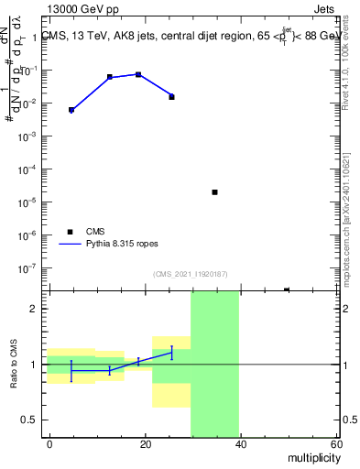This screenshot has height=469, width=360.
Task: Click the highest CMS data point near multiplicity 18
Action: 138,74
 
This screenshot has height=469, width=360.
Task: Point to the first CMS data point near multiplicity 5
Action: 71,110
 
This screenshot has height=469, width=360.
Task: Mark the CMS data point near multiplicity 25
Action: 171,96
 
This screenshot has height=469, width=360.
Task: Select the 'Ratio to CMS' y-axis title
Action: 15,365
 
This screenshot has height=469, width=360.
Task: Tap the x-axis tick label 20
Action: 145,444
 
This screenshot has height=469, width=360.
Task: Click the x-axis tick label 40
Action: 240,444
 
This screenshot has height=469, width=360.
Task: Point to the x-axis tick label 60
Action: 334,444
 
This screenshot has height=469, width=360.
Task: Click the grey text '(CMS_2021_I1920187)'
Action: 191,273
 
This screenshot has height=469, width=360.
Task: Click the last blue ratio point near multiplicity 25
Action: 171,353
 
